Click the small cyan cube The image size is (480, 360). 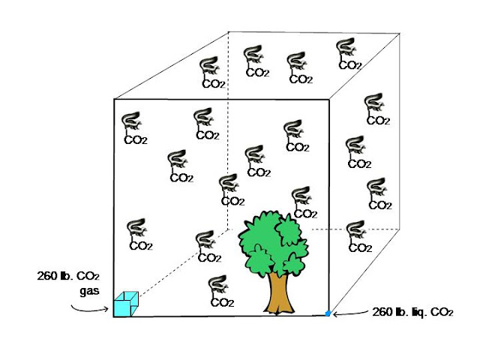coord(125,304)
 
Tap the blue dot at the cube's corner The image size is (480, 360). coord(328,313)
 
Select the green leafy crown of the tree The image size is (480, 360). coord(273,240)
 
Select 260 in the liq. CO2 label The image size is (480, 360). coord(382,312)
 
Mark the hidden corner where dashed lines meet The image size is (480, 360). coord(228,229)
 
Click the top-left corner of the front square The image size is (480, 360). coord(114,99)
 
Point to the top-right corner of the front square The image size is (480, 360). coord(328,99)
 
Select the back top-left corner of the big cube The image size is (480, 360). coord(229,31)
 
